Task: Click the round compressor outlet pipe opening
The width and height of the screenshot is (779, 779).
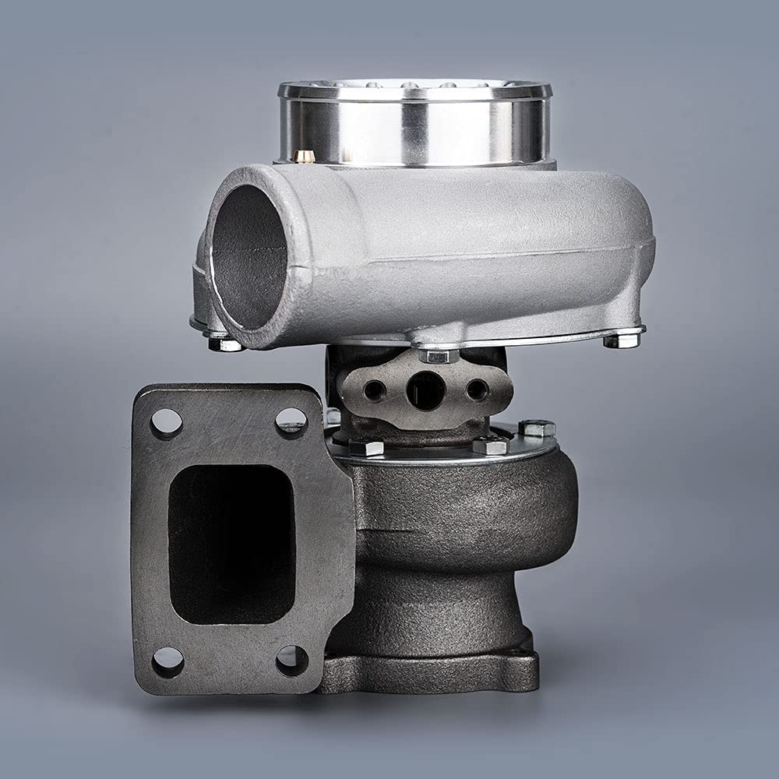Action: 248,257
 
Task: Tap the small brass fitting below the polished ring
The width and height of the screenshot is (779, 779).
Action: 305,156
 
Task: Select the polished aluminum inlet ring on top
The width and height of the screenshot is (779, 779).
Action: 414,125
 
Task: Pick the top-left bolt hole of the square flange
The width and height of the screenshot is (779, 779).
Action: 167,423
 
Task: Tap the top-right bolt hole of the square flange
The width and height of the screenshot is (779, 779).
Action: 291,421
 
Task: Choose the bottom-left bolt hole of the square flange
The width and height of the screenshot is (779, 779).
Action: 167,662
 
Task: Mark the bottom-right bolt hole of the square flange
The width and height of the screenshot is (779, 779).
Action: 291,661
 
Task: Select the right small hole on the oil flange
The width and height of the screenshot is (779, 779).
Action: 477,389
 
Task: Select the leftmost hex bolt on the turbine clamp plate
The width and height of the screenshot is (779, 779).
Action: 366,448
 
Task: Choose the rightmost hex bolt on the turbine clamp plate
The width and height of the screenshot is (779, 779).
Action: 537,428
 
